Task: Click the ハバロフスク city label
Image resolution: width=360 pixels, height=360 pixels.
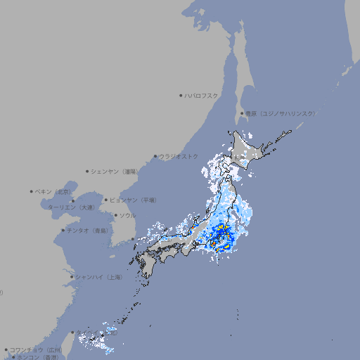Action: click(x=202, y=95)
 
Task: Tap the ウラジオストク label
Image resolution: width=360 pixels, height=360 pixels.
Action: click(x=179, y=156)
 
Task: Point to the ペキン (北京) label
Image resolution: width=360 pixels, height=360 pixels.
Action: click(x=53, y=191)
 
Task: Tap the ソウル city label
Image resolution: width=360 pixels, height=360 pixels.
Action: click(x=127, y=215)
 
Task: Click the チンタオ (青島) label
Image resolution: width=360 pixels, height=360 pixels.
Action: click(x=88, y=230)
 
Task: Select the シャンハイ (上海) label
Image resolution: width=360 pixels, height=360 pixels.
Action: click(x=98, y=277)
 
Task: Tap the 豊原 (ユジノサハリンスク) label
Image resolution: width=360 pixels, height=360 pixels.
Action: click(x=280, y=113)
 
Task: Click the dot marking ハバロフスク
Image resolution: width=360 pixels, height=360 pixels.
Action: click(x=181, y=95)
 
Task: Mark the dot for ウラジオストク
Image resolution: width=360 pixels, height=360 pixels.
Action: click(x=155, y=156)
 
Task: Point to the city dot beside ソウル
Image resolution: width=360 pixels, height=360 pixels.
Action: click(x=115, y=215)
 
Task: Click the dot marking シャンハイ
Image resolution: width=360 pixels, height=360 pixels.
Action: click(x=72, y=277)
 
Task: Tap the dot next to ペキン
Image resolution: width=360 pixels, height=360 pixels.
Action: click(x=32, y=191)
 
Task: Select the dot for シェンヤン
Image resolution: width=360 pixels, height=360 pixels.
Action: click(x=87, y=171)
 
